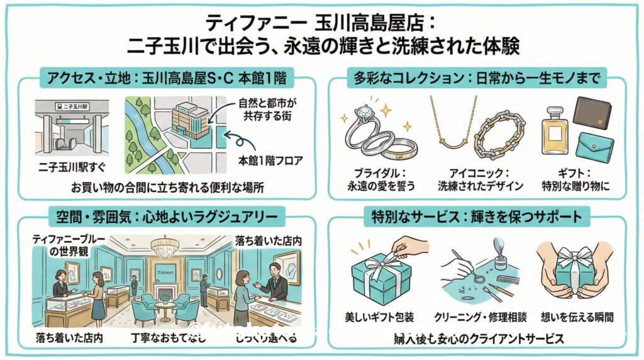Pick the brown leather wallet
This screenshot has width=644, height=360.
point(592,116)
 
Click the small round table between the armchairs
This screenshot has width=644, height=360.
point(165,308)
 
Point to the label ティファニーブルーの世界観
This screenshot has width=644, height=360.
point(66,245)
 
